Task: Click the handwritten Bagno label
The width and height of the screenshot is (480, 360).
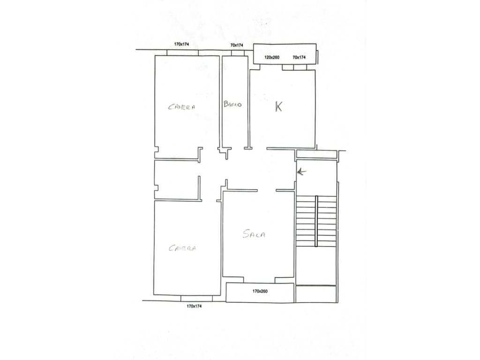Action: click(232, 104)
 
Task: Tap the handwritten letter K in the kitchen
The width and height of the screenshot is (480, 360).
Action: click(278, 106)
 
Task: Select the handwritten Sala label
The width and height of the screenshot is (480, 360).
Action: click(254, 234)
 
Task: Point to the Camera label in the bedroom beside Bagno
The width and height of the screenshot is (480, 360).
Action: click(181, 107)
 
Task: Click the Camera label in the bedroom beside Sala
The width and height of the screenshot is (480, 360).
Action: click(182, 248)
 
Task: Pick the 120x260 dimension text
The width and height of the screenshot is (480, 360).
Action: click(272, 57)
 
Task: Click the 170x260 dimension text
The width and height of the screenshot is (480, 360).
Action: click(260, 291)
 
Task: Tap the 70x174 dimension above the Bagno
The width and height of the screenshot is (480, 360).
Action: click(237, 45)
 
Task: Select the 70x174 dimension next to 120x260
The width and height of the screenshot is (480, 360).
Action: click(299, 57)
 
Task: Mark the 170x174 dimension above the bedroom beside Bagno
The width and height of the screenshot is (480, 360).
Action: click(181, 44)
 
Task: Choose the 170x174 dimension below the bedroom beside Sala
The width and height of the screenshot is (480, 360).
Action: click(194, 306)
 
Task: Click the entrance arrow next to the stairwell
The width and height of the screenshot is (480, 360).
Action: click(301, 172)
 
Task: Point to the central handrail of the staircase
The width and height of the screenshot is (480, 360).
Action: click(316, 221)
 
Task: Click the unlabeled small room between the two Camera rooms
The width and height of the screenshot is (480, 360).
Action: click(177, 180)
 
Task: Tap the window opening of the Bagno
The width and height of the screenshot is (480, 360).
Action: click(238, 52)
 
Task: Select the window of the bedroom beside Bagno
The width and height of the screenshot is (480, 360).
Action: click(182, 52)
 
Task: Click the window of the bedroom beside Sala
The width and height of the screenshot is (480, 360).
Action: click(196, 298)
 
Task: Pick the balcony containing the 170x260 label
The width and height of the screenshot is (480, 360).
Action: click(260, 292)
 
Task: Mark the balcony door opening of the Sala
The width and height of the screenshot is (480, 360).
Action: click(259, 280)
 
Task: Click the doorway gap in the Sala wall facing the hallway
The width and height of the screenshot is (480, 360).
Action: click(267, 190)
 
